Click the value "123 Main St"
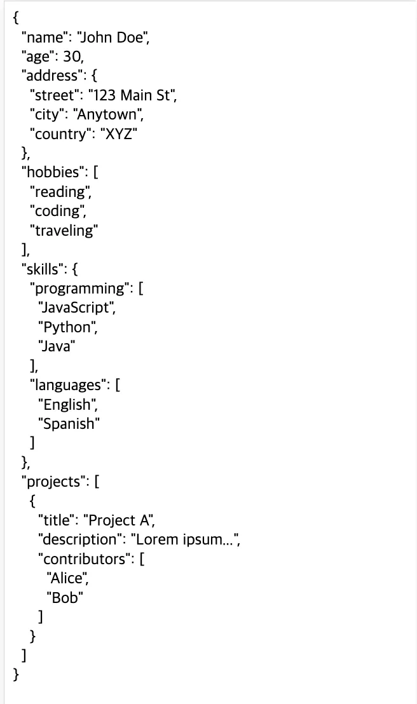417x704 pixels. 132,95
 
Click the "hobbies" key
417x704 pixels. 50,173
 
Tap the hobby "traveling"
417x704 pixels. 64,231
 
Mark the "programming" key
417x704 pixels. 79,288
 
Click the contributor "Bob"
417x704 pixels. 65,597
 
